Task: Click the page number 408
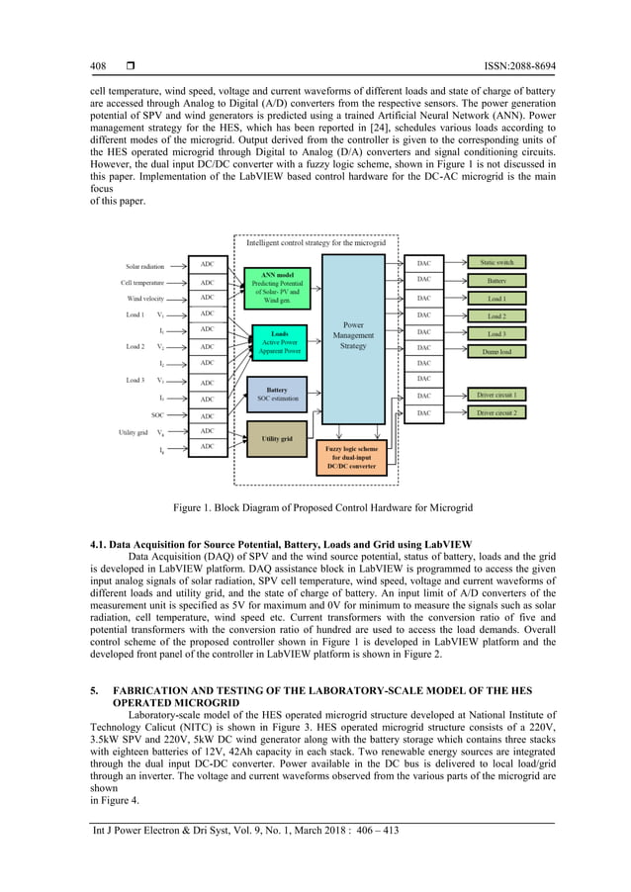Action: [97, 66]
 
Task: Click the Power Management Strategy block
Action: [353, 335]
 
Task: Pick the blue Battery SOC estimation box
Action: [277, 394]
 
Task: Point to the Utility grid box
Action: [277, 438]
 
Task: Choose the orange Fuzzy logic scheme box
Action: [351, 458]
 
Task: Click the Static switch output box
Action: [496, 263]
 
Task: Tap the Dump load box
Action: [496, 350]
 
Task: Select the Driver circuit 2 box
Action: [496, 412]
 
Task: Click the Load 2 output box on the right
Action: [496, 316]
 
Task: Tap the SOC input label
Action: [158, 415]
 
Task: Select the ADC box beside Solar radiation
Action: [208, 264]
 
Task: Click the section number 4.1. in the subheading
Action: [101, 545]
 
